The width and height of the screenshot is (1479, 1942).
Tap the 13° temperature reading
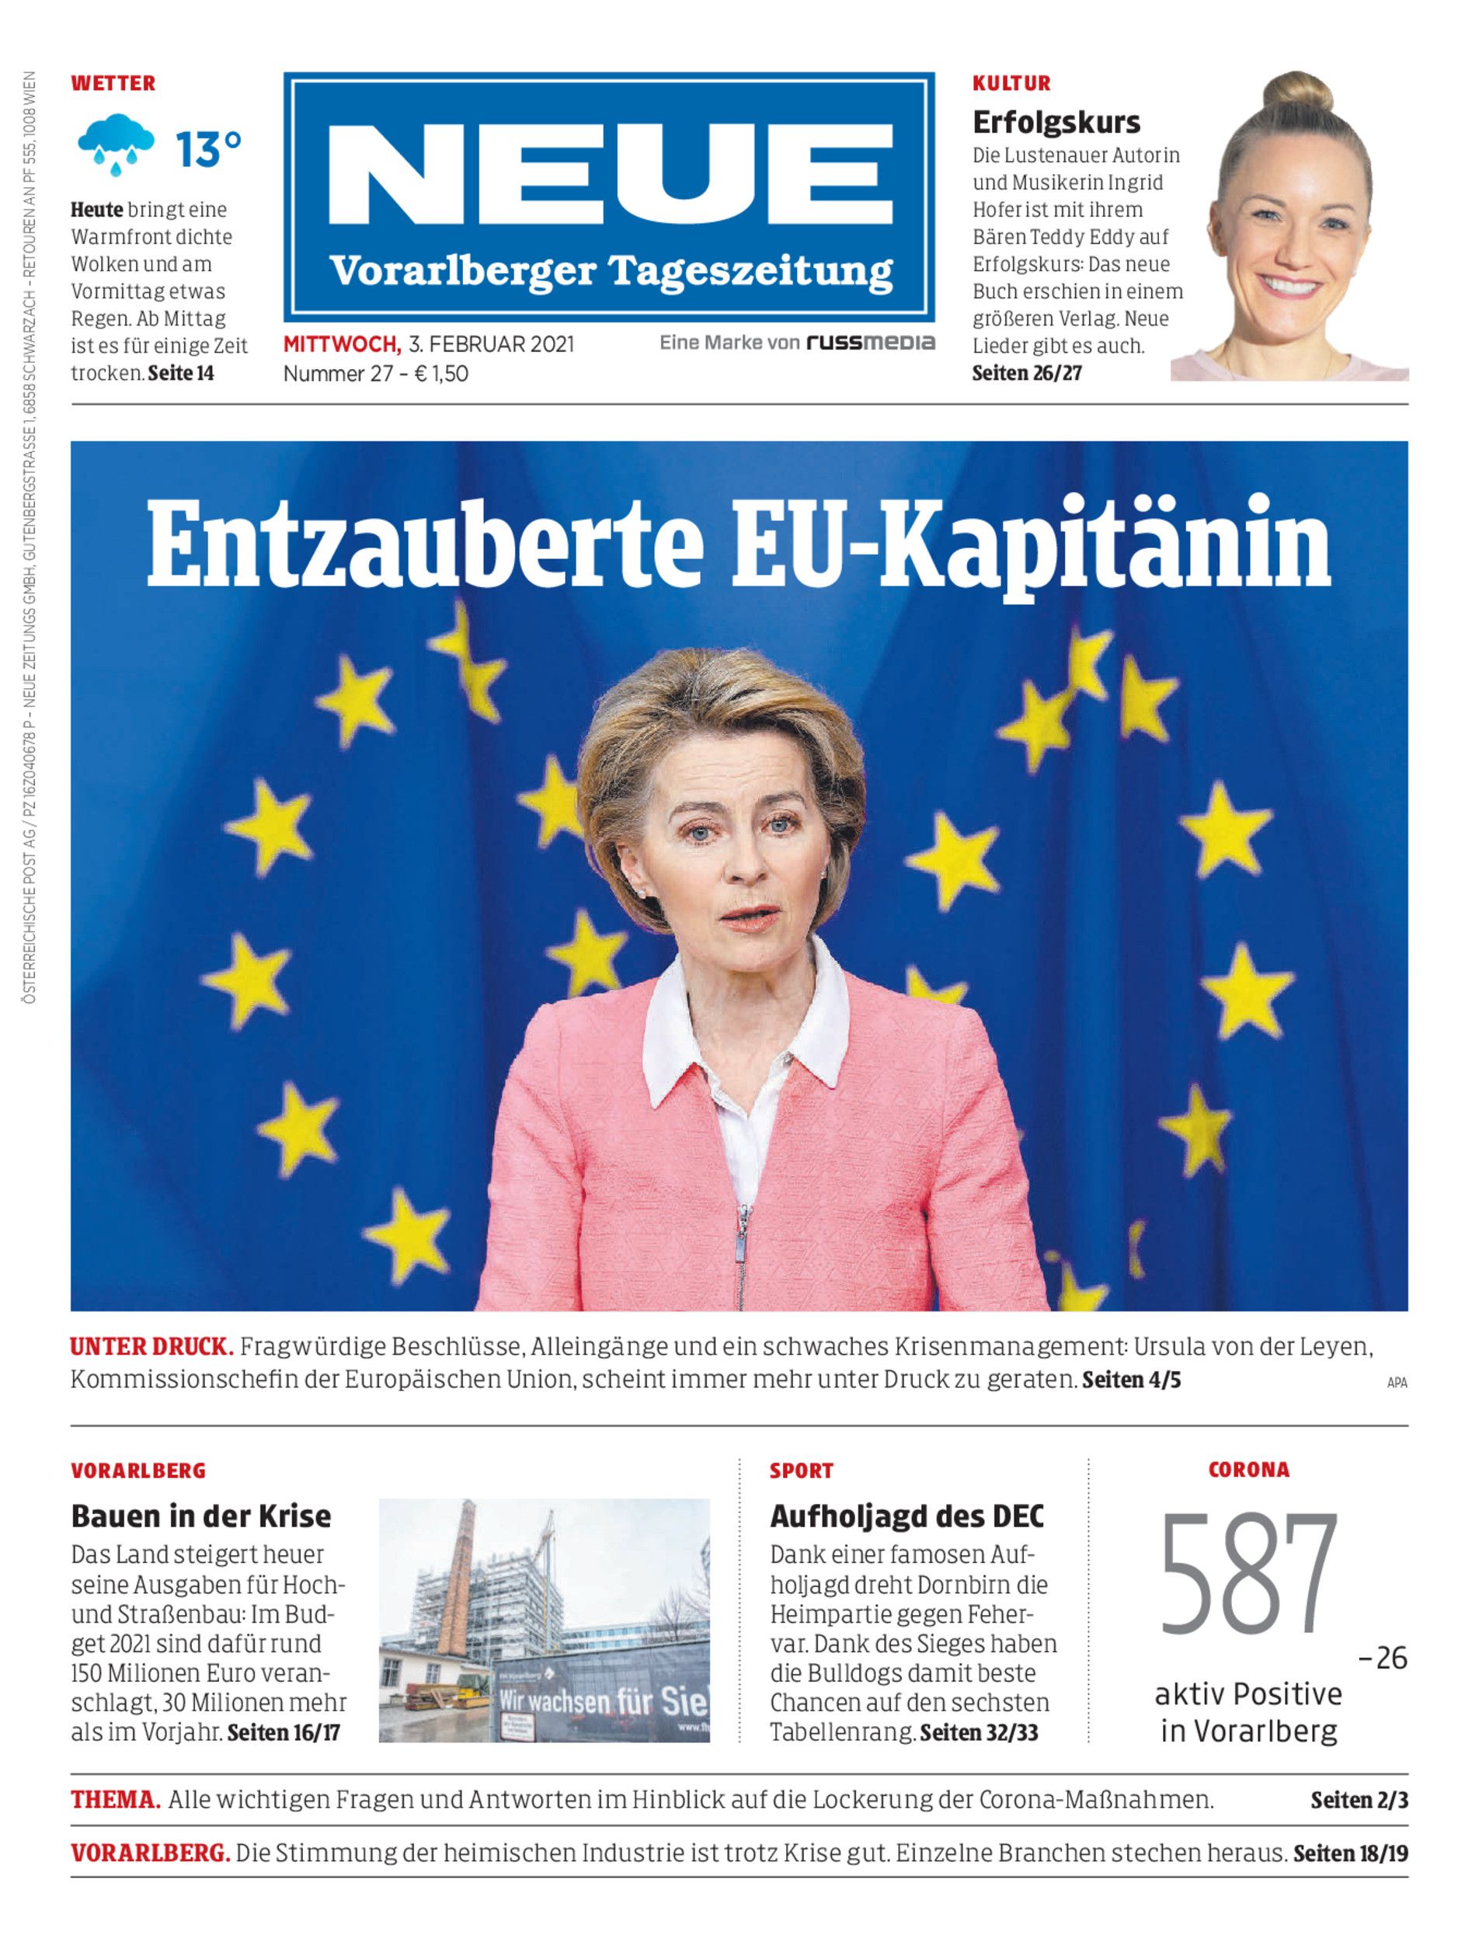pyautogui.click(x=207, y=149)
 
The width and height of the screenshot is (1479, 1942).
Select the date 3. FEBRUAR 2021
pyautogui.click(x=490, y=344)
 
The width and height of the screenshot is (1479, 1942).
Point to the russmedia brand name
pyautogui.click(x=871, y=343)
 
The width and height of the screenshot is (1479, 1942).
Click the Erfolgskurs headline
pyautogui.click(x=1056, y=123)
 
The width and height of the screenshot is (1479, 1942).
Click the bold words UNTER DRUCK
pyautogui.click(x=151, y=1347)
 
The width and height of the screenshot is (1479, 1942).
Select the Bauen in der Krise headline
pyautogui.click(x=200, y=1516)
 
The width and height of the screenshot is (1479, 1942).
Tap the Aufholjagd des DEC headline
pyautogui.click(x=907, y=1516)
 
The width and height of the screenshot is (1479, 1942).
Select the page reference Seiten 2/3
pyautogui.click(x=1359, y=1801)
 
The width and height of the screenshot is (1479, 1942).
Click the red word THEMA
pyautogui.click(x=115, y=1801)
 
